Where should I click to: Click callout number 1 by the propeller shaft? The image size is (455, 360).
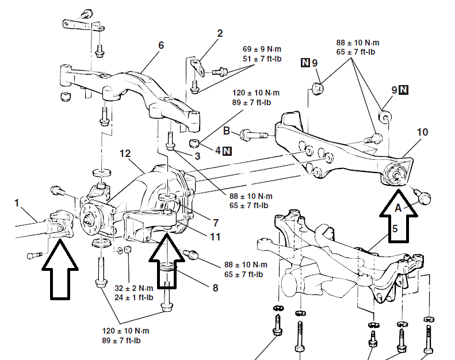click(x=17, y=202)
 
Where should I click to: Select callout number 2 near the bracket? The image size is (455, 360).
click(x=219, y=34)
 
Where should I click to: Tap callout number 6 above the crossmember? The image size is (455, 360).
click(x=161, y=44)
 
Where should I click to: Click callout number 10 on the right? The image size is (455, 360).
click(x=422, y=132)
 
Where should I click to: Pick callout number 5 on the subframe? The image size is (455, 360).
click(x=394, y=228)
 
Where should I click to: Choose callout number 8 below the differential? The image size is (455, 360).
click(x=215, y=287)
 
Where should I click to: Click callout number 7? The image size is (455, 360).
click(x=215, y=222)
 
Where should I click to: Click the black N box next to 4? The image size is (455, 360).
click(x=227, y=151)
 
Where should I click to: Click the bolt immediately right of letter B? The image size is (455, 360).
click(x=253, y=135)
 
